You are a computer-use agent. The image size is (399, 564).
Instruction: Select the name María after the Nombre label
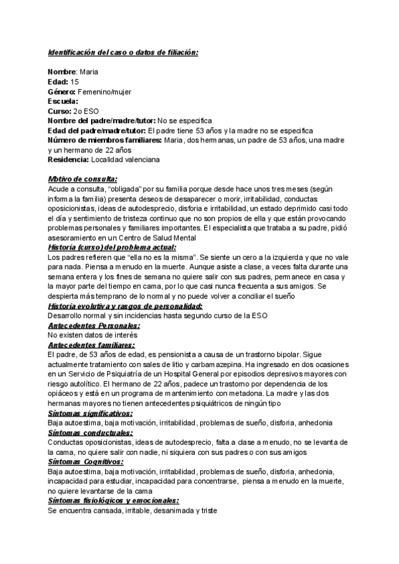88,72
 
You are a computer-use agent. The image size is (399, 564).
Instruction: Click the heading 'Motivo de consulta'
82,180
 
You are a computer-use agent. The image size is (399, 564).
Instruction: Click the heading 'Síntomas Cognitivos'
85,462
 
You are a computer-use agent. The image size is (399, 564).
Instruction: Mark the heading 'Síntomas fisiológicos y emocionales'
114,501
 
